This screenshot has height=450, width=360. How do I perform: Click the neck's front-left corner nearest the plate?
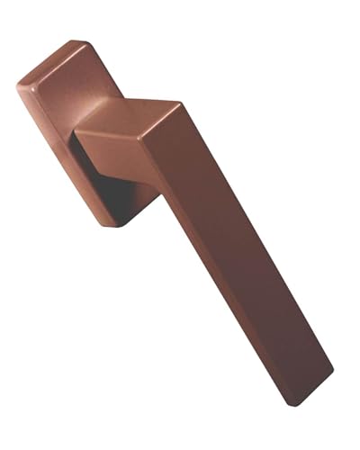[76, 135]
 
